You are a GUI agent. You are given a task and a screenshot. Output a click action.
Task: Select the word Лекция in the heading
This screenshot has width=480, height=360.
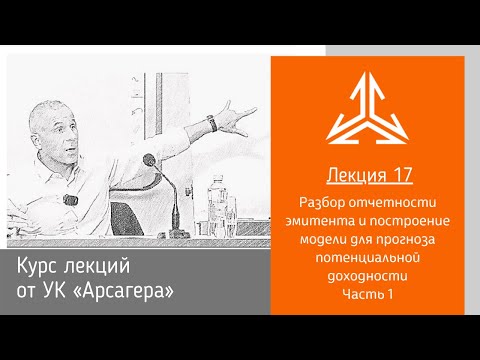[355, 176]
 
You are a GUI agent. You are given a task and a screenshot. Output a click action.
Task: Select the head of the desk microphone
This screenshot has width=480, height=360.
[150, 158]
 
